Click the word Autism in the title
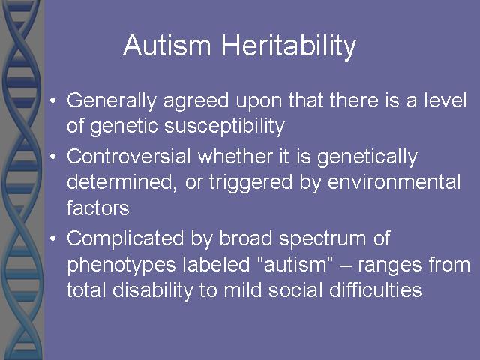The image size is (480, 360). tap(167, 45)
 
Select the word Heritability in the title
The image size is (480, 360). tap(289, 46)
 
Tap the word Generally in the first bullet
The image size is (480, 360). tap(112, 101)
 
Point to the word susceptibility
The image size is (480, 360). tap(225, 127)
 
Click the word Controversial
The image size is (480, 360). tap(129, 156)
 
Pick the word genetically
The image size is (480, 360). tap(367, 158)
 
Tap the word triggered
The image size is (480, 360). tap(250, 184)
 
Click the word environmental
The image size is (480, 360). tap(394, 181)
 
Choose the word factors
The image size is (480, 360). tap(98, 208)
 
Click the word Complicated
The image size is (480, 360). tap(125, 239)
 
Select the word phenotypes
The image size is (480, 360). tap(121, 265)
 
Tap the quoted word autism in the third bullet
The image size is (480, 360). tap(295, 264)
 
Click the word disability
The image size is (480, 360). tap(153, 290)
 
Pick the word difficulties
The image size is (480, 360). tap(376, 289)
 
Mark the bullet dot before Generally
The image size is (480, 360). tap(53, 100)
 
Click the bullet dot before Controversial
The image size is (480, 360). tap(53, 157)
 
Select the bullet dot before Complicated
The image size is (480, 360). tap(53, 238)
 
